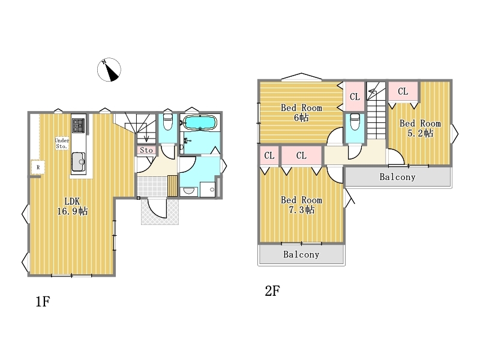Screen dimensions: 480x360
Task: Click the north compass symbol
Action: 109,70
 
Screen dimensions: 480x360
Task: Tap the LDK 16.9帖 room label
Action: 73,206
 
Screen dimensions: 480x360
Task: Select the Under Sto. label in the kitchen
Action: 62,143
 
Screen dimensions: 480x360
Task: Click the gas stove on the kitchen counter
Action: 79,125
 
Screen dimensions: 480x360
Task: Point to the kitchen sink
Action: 79,161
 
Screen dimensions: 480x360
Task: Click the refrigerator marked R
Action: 38,167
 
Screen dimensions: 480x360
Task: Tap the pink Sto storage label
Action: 146,150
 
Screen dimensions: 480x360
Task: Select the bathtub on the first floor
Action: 200,123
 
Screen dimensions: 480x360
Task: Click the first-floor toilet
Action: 168,122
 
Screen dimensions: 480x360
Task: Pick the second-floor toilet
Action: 355,122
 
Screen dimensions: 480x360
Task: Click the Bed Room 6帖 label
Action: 301,112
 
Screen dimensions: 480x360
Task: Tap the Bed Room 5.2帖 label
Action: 420,128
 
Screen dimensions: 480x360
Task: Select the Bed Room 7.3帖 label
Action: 302,205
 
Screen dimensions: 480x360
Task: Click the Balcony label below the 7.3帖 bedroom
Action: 301,254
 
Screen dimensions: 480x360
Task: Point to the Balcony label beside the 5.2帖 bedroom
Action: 397,177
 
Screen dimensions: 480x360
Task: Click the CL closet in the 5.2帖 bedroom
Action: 403,91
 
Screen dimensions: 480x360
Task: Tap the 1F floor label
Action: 43,302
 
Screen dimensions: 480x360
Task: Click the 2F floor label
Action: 272,291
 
